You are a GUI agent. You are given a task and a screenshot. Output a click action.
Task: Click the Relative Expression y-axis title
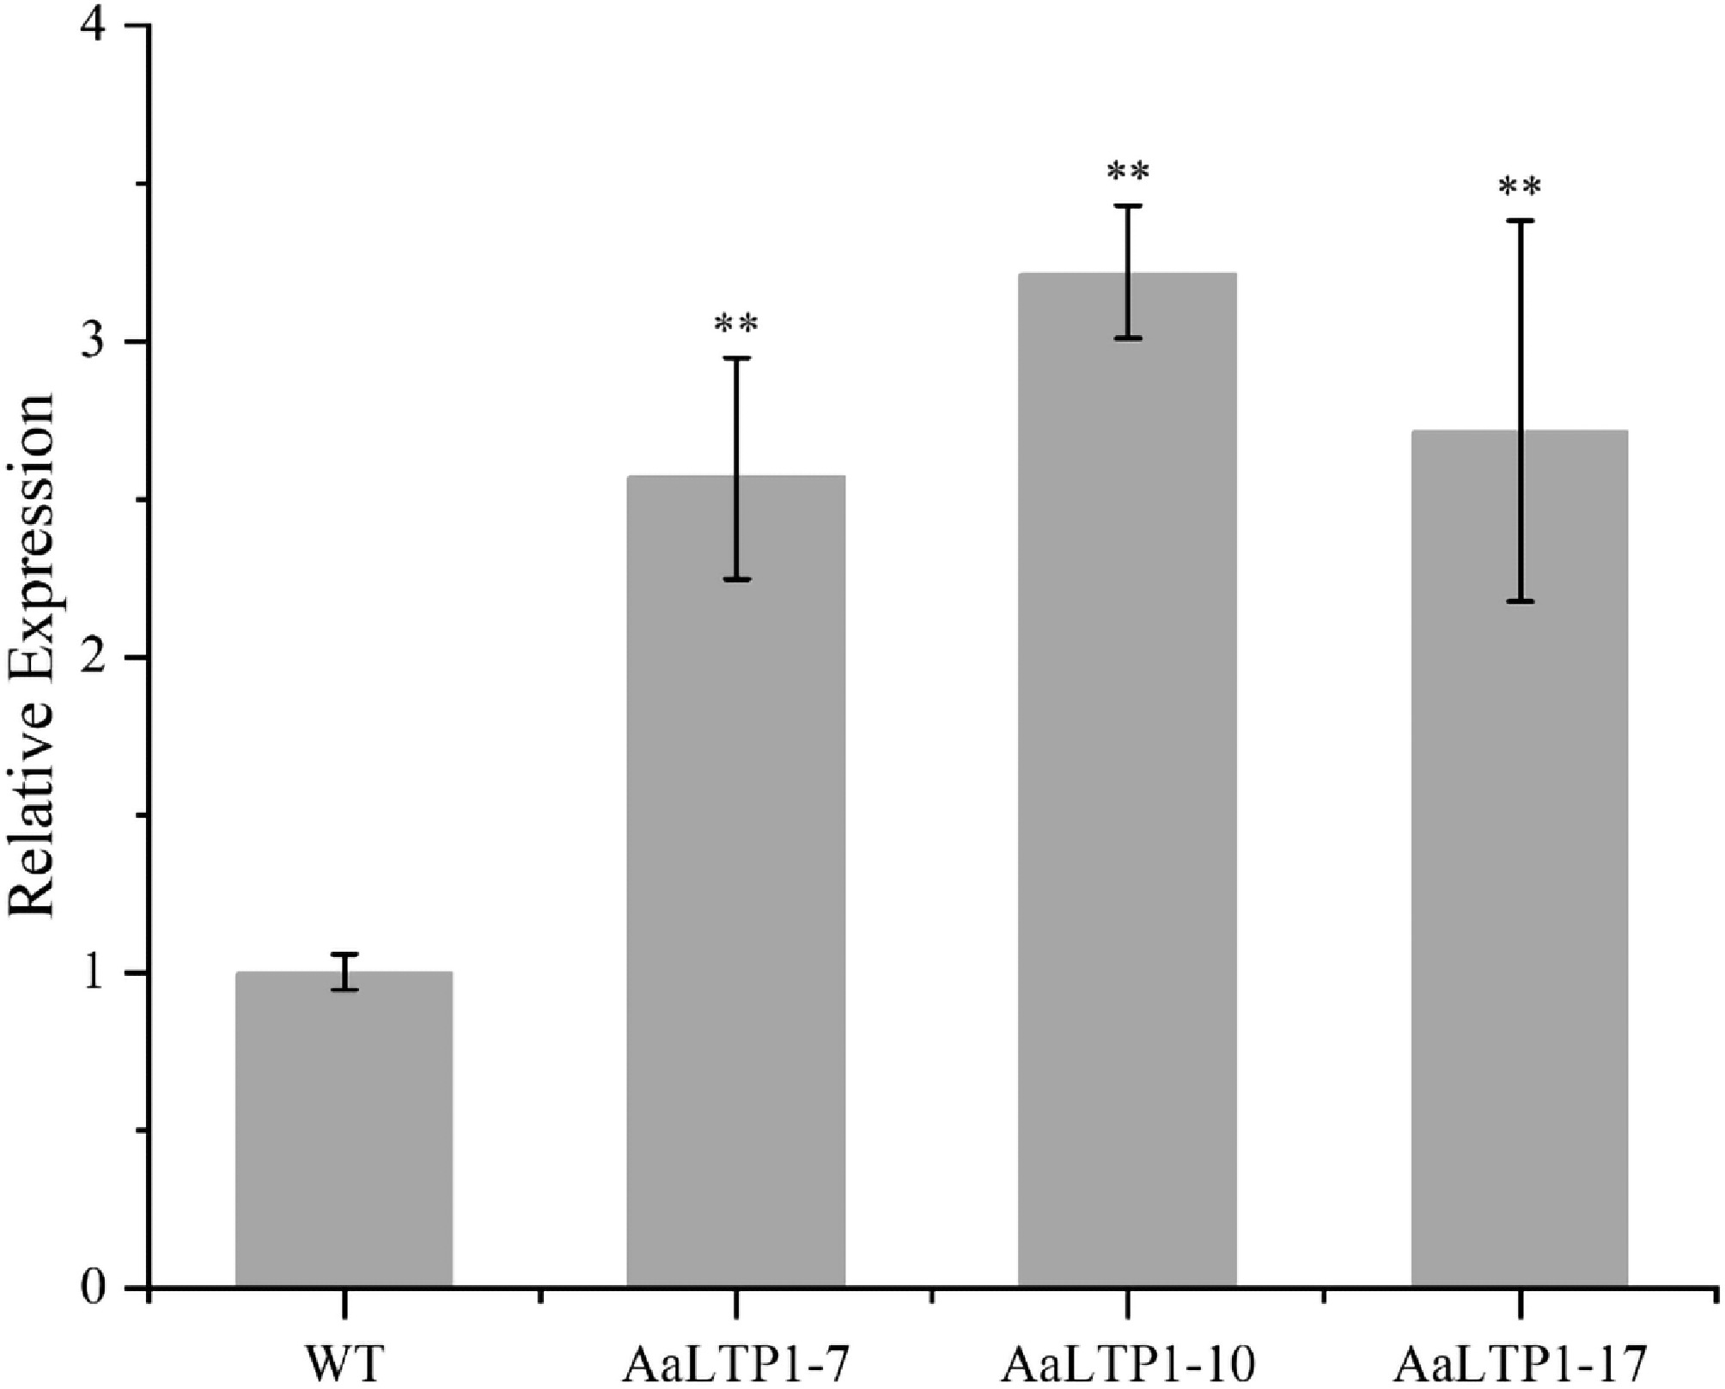point(31,657)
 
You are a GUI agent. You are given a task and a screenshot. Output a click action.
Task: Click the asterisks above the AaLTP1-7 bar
point(736,325)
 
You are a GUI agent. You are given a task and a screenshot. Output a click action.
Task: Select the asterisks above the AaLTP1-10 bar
point(1127,172)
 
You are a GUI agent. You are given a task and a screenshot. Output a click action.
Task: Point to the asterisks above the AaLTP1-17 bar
point(1519,187)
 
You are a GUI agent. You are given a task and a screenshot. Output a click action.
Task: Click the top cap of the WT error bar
point(344,954)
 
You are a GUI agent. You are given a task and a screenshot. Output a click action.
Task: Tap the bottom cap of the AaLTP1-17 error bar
point(1519,601)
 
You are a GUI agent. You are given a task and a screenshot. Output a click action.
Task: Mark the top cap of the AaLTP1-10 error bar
point(1127,206)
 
